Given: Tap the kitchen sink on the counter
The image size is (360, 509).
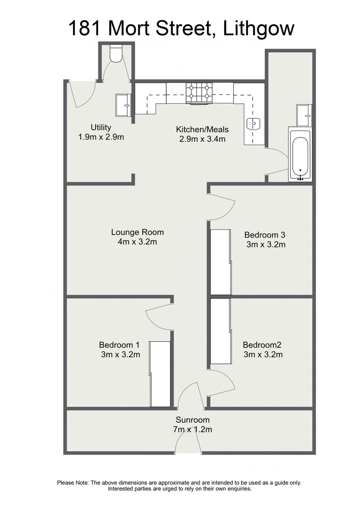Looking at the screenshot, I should pos(253,124).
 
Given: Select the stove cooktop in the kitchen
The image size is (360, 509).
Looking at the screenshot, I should pos(199,92).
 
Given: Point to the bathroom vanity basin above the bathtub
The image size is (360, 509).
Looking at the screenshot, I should pos(304,115).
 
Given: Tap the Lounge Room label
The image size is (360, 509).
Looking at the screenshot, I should pos(137,232).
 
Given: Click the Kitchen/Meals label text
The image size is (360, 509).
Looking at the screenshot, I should pos(202,129).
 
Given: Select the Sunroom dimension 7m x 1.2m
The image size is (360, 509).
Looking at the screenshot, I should pos(192,429).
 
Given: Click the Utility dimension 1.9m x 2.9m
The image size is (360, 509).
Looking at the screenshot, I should pos(101,137).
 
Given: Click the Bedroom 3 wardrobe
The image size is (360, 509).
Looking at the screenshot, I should pos(221,262).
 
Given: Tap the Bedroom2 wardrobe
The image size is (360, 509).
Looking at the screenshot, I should pos(221,331).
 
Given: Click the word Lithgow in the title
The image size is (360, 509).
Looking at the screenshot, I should pos(257,28).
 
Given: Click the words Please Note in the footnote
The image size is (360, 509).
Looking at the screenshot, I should pos(73,483).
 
